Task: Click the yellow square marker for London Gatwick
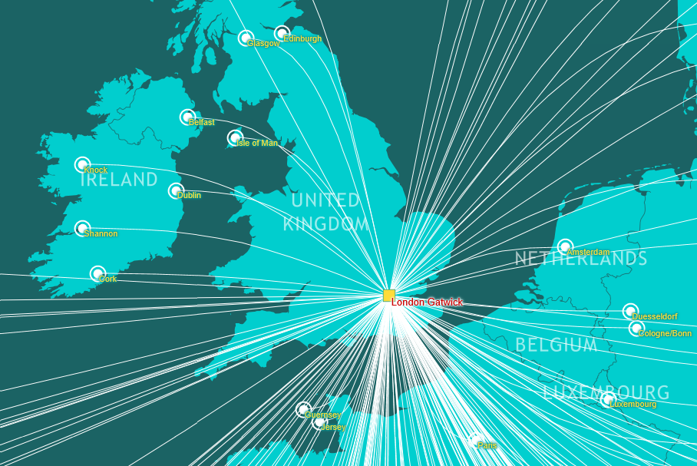[x=389, y=296]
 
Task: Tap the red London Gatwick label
[x=428, y=302]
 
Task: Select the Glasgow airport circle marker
[x=246, y=38]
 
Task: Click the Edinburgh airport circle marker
[x=282, y=33]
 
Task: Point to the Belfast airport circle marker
[x=187, y=117]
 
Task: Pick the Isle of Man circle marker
[x=235, y=137]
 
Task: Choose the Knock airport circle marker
[x=82, y=164]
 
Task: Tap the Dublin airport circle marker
[x=176, y=190]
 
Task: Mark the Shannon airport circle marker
[x=82, y=228]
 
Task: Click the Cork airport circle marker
[x=97, y=273]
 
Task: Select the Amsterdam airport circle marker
[x=565, y=246]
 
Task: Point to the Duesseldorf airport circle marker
[x=629, y=311]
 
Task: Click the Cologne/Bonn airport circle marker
[x=636, y=329]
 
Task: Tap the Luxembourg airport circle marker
[x=608, y=399]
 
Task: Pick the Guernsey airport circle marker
[x=304, y=409]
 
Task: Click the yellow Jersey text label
[x=335, y=427]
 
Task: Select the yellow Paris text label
[x=487, y=445]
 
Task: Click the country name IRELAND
[x=118, y=180]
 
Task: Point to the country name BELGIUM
[x=556, y=345]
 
